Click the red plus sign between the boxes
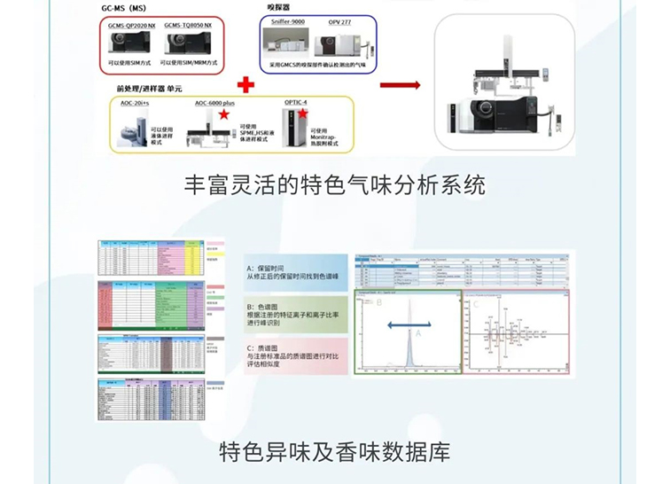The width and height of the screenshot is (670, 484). [x=245, y=85]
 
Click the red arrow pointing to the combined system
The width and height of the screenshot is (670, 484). [x=400, y=85]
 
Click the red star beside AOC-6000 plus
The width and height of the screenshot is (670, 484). [x=225, y=115]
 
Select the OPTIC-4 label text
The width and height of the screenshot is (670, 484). [x=296, y=103]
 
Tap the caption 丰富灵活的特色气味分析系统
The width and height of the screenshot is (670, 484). [x=334, y=187]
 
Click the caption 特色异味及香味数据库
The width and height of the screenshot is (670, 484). [x=334, y=453]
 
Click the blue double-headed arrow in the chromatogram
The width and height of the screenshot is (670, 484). [x=404, y=326]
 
